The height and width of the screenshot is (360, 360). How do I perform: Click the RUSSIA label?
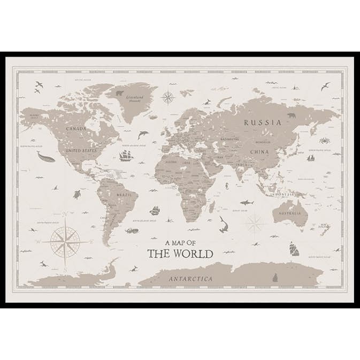click(263, 122)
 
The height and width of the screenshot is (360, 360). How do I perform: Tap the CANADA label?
click(76, 129)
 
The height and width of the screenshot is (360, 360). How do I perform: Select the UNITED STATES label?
click(81, 151)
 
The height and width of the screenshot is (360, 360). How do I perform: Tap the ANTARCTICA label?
click(190, 279)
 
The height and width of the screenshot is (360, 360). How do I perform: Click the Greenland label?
click(132, 97)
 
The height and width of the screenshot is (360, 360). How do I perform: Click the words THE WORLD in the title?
click(180, 254)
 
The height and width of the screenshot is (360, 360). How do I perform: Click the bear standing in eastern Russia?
click(292, 115)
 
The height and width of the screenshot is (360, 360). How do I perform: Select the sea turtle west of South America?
click(77, 194)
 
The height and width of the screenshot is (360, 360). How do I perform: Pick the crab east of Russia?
click(325, 140)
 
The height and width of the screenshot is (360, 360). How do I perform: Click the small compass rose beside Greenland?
click(168, 97)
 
